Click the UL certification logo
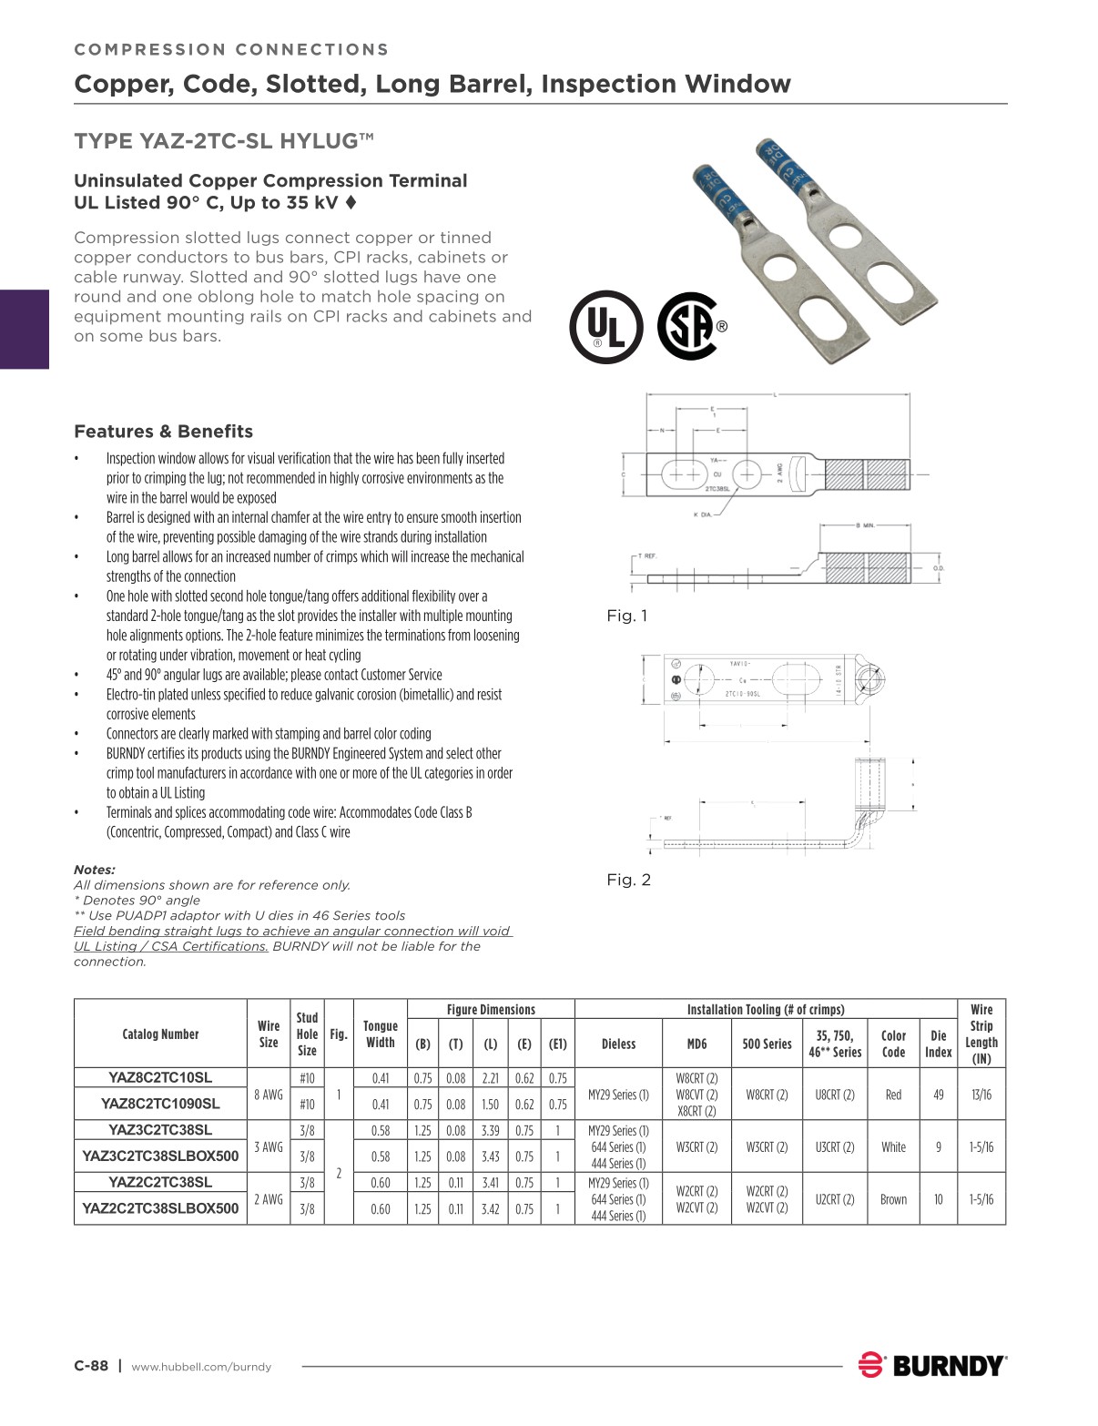click(x=605, y=327)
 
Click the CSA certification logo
click(x=690, y=325)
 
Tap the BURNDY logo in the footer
click(x=932, y=1365)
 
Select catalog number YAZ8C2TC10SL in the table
click(x=160, y=1077)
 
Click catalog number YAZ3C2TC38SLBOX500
click(x=160, y=1156)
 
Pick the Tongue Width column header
click(x=380, y=1034)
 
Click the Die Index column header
click(x=938, y=1044)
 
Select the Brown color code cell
click(x=893, y=1199)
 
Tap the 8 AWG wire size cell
click(x=269, y=1095)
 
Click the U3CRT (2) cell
click(x=834, y=1147)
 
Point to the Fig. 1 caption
click(x=627, y=616)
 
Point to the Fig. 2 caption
click(x=628, y=880)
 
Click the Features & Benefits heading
click(x=163, y=432)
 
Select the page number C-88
click(x=91, y=1365)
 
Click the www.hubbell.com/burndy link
click(x=201, y=1367)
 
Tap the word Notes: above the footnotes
click(x=95, y=870)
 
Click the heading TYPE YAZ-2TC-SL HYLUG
click(x=224, y=141)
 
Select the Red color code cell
click(x=893, y=1095)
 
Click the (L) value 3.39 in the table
click(x=490, y=1130)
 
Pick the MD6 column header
click(x=696, y=1044)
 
